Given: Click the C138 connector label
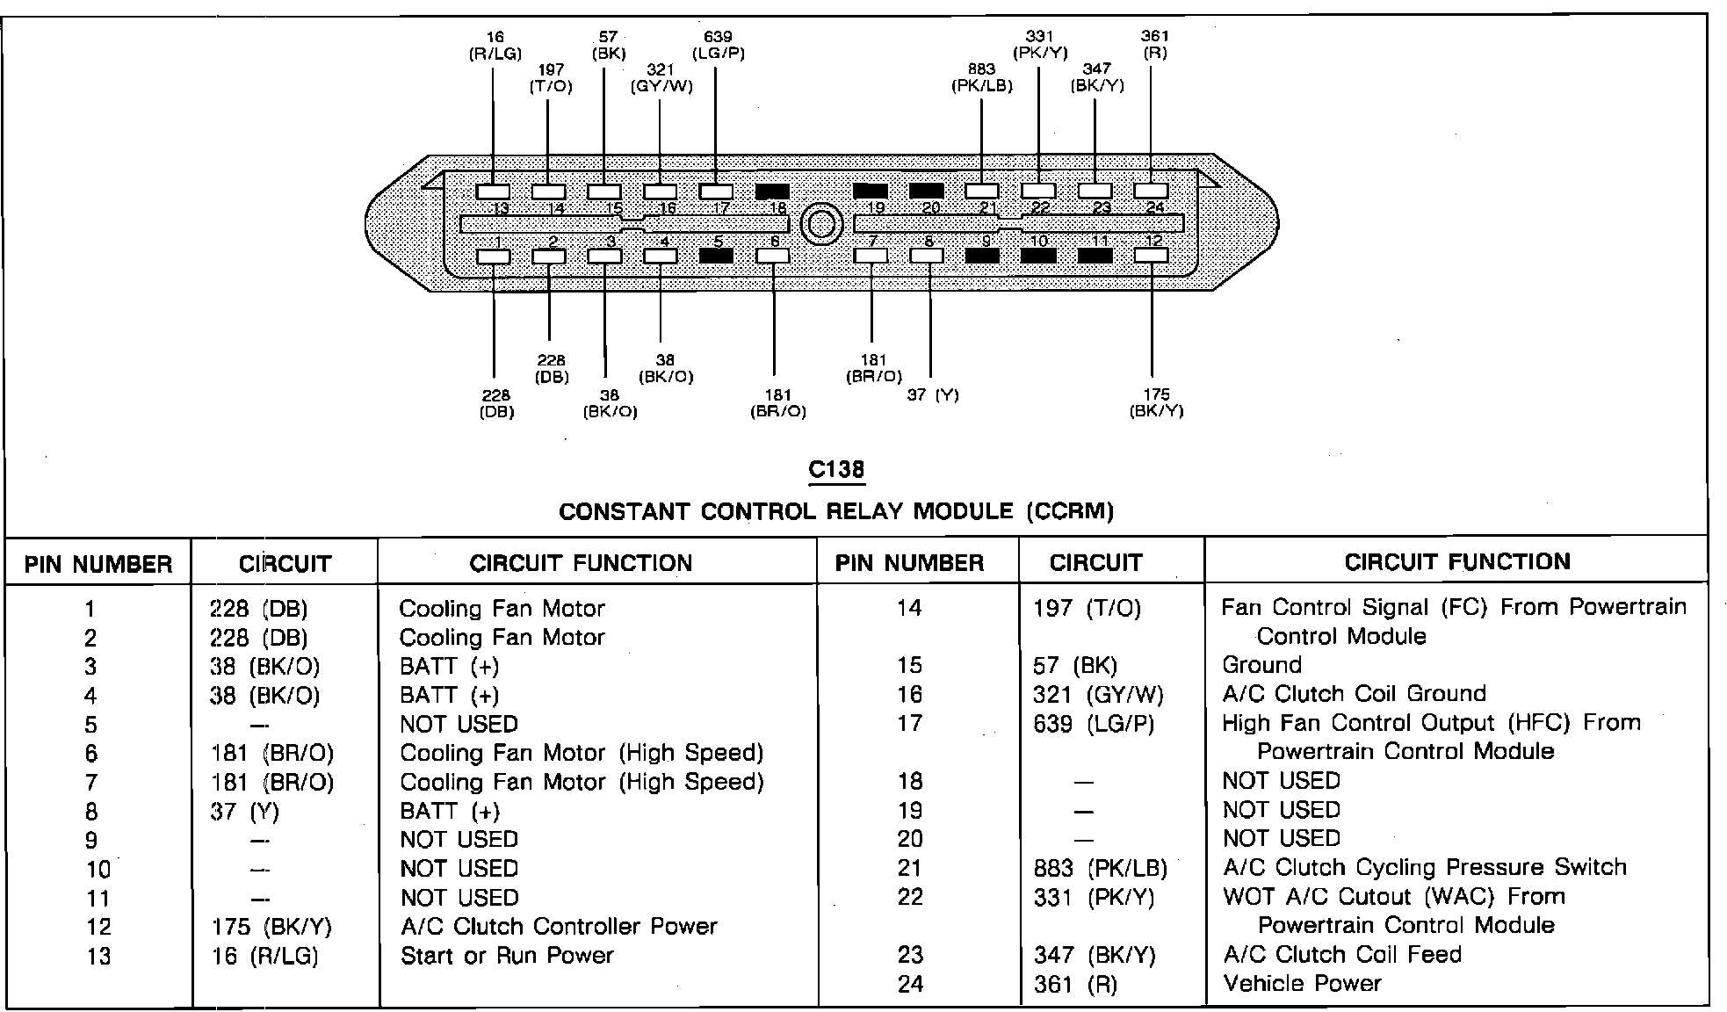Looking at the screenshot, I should (836, 470).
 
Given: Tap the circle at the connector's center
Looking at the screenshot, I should (821, 225).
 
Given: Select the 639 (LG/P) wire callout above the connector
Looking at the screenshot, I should (718, 45).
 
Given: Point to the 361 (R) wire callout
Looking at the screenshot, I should (1154, 44).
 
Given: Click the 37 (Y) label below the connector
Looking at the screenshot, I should (933, 395).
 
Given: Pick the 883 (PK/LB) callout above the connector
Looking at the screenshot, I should (981, 77).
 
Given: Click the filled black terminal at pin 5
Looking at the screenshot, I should (717, 256).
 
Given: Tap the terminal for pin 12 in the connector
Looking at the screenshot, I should (1151, 256).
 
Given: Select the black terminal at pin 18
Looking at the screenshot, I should (772, 191).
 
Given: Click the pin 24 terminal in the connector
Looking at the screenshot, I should (1151, 191).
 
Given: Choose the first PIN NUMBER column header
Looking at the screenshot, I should (98, 564).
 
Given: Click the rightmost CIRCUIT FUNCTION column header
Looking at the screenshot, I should (1457, 562).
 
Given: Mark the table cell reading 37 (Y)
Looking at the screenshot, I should (245, 812).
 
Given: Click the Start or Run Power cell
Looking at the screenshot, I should (507, 956).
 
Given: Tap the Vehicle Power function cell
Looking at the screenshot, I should (1302, 984).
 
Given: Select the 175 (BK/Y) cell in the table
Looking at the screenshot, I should (272, 927).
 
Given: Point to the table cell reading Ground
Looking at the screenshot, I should (1261, 665).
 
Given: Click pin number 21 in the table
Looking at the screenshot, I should (910, 868).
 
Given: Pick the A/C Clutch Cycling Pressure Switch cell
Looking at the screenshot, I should (1424, 868).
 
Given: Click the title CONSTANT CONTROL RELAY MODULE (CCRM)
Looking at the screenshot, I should (836, 511).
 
